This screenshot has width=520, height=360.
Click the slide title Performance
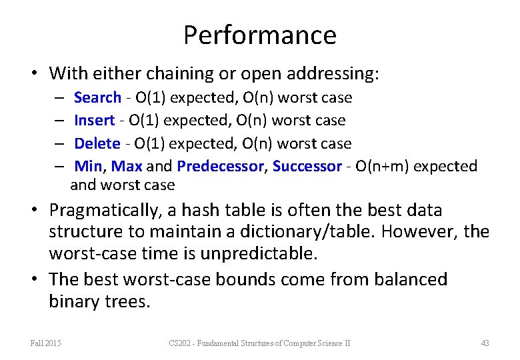coord(260,35)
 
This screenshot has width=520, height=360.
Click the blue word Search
coord(97,98)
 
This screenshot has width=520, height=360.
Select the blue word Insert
coord(94,121)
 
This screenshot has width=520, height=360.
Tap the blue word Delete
coord(97,143)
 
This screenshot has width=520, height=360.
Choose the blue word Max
coord(127,166)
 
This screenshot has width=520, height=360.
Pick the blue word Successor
coord(307,166)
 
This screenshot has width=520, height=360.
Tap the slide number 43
coord(485,343)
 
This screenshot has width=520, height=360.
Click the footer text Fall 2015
coord(45,343)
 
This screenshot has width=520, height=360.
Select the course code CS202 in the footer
coord(181,343)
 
